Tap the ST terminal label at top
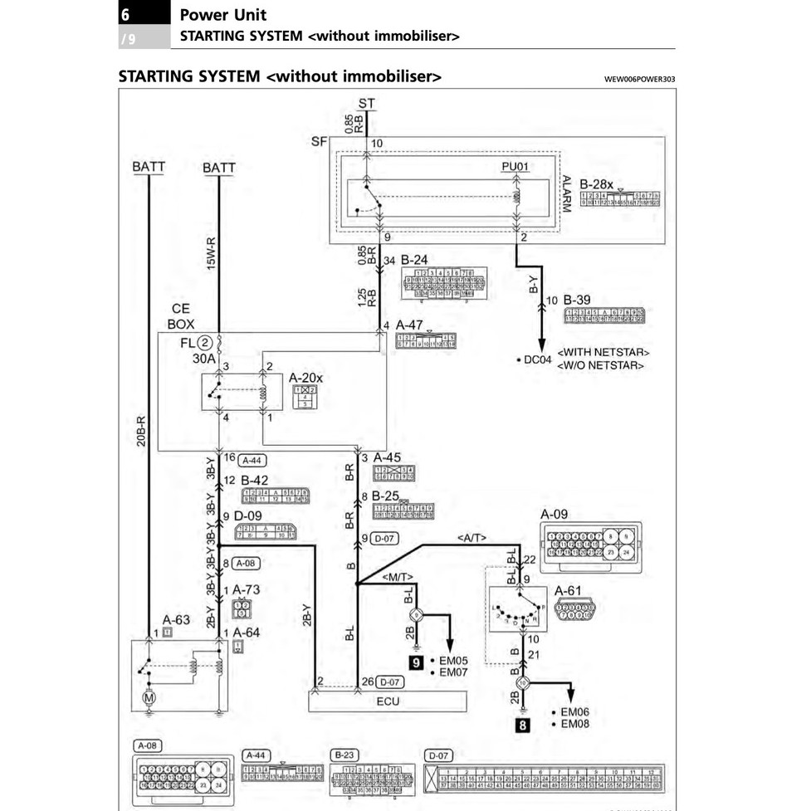(x=367, y=104)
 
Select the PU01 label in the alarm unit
(x=515, y=167)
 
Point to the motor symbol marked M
(x=149, y=698)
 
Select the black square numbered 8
(x=523, y=725)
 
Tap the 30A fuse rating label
(x=204, y=359)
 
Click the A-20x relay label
(x=305, y=378)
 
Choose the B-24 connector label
(x=414, y=260)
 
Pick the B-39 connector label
(x=578, y=300)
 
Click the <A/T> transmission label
(x=471, y=540)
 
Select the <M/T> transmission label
(x=398, y=576)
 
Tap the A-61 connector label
(x=568, y=590)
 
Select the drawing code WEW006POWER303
(x=640, y=80)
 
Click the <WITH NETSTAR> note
(x=603, y=352)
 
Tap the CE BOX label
(x=180, y=316)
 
